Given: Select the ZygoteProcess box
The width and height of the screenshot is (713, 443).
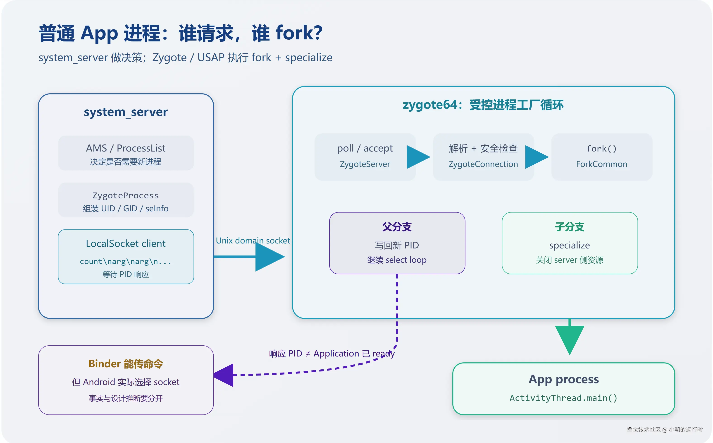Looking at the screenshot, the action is (126, 200).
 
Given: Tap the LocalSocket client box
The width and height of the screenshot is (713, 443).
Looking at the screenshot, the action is (126, 257).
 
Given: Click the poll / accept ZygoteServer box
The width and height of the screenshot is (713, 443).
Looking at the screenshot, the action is (365, 157).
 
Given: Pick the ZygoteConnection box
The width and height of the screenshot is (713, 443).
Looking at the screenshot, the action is (484, 157).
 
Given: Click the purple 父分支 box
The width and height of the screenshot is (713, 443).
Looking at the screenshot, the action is (397, 243).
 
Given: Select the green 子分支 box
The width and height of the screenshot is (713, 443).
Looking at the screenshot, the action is (570, 243).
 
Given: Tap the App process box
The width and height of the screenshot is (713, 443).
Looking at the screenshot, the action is (564, 389).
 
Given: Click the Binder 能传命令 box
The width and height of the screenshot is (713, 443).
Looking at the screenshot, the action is (126, 380).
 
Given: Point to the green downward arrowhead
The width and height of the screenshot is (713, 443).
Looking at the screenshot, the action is (570, 340).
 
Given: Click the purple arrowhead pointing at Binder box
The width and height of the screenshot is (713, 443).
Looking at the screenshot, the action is (223, 375).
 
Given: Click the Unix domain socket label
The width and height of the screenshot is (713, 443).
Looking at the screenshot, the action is (253, 241).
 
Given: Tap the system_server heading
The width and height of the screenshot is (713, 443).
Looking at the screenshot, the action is (126, 112).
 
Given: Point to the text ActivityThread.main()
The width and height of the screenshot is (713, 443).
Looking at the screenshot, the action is (564, 398).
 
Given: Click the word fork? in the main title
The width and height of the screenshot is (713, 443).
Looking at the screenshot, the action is (299, 33).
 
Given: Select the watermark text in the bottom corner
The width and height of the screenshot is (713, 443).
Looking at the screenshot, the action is (664, 429).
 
